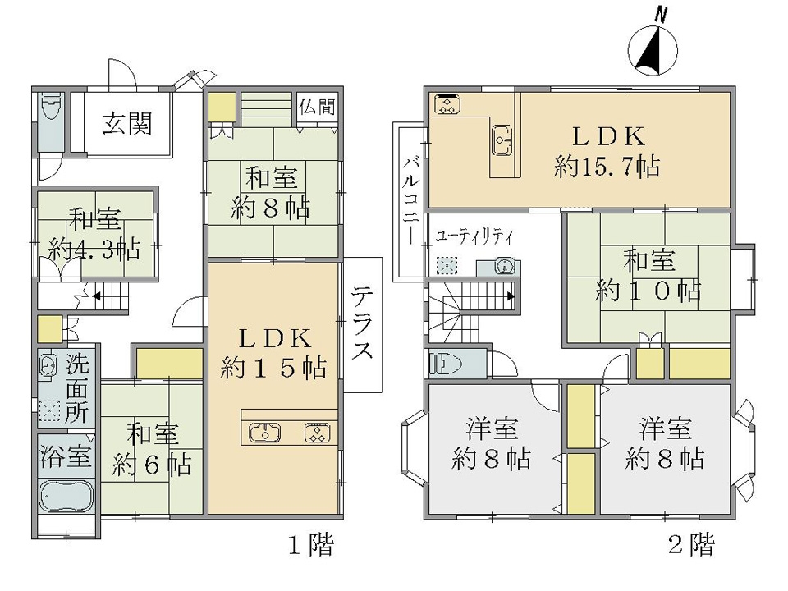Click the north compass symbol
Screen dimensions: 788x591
(x=653, y=48)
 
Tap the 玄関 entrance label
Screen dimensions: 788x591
(x=127, y=124)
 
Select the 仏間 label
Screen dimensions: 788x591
(x=317, y=107)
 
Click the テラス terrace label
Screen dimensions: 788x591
(x=362, y=323)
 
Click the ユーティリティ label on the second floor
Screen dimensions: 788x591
(x=474, y=236)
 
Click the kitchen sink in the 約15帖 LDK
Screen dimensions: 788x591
(x=265, y=433)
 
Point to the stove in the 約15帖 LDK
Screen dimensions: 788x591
(x=317, y=433)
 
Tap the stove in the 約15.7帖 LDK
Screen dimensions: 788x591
(x=447, y=104)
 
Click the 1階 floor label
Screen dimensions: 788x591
(x=310, y=544)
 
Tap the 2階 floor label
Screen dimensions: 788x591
(x=691, y=544)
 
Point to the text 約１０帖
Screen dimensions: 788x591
(x=648, y=290)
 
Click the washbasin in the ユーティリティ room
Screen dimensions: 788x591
(x=504, y=266)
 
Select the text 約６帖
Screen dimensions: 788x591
(x=151, y=465)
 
